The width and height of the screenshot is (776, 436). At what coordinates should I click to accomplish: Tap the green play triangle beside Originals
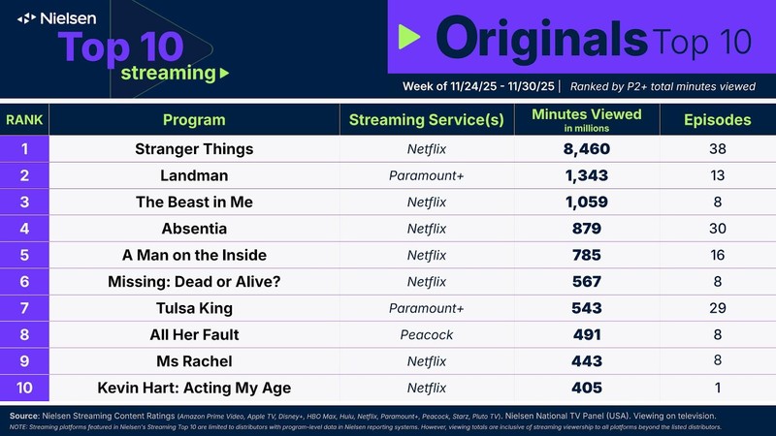tap(408, 38)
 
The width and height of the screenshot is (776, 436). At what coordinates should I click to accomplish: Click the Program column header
tap(194, 120)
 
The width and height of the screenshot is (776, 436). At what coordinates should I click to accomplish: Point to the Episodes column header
tap(717, 120)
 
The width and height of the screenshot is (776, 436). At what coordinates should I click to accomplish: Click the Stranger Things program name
tap(194, 149)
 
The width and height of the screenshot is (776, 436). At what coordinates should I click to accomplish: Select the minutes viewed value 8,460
tap(586, 149)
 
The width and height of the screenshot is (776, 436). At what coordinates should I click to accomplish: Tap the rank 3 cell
tap(24, 202)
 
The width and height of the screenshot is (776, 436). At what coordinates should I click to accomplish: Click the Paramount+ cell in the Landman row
tap(427, 175)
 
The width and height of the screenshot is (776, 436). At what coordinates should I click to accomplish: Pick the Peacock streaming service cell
tap(427, 335)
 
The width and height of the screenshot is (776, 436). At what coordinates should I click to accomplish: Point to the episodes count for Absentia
tap(717, 229)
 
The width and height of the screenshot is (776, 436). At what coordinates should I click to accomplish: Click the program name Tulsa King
tap(194, 309)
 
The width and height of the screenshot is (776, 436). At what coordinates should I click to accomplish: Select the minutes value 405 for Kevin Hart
tap(586, 389)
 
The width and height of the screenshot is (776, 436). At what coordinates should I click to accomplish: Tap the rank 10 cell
tap(24, 389)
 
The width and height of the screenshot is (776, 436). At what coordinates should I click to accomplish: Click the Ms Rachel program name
tap(194, 362)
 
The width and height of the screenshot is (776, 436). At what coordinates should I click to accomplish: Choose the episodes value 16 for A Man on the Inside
tap(717, 256)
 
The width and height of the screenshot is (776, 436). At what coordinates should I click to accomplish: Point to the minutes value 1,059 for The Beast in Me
tap(586, 202)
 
